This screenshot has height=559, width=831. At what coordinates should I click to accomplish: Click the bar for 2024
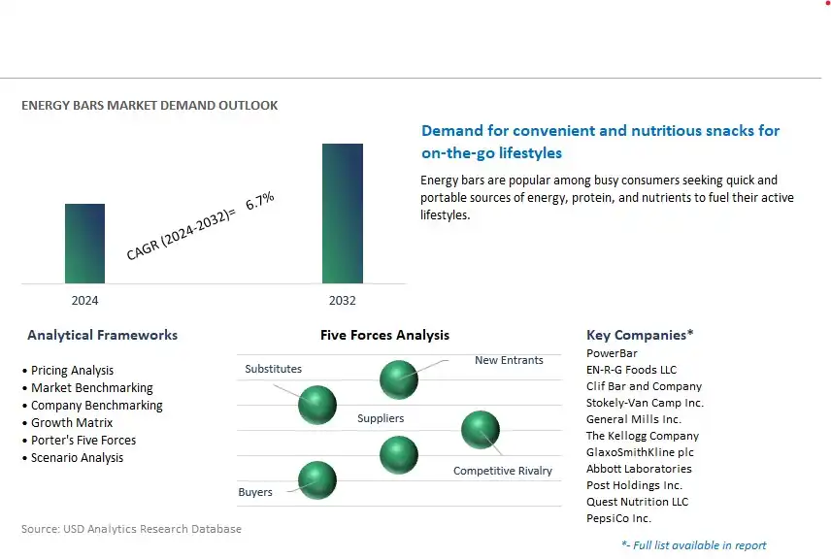click(84, 244)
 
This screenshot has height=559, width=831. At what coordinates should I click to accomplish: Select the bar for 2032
click(343, 213)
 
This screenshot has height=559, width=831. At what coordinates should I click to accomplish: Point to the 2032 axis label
click(343, 301)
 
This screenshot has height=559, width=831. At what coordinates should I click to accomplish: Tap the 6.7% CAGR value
click(260, 200)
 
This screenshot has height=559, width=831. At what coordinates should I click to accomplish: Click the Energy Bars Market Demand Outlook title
click(150, 106)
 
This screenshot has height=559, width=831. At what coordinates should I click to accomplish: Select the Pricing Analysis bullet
click(68, 371)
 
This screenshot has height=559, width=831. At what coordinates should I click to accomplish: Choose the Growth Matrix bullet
click(68, 423)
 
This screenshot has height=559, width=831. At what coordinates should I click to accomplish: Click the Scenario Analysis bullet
click(73, 458)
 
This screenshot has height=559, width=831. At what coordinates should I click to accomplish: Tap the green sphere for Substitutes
click(316, 405)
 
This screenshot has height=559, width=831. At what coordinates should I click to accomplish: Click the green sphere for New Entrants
click(399, 379)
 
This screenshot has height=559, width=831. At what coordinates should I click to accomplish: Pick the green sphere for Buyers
click(316, 480)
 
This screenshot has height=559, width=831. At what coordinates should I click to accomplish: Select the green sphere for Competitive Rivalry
click(481, 430)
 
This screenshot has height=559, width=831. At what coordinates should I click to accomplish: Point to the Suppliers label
click(381, 418)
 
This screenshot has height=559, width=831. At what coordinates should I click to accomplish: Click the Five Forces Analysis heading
click(384, 335)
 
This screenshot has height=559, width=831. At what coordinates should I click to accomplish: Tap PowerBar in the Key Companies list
click(612, 353)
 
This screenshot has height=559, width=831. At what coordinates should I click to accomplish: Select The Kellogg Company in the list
click(643, 436)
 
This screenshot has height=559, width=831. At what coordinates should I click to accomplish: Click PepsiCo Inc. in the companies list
click(618, 518)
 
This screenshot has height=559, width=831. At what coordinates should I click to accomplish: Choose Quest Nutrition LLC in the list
click(637, 502)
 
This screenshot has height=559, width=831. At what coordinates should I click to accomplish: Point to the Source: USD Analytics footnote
click(131, 529)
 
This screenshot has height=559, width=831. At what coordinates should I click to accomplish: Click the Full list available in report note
click(694, 545)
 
